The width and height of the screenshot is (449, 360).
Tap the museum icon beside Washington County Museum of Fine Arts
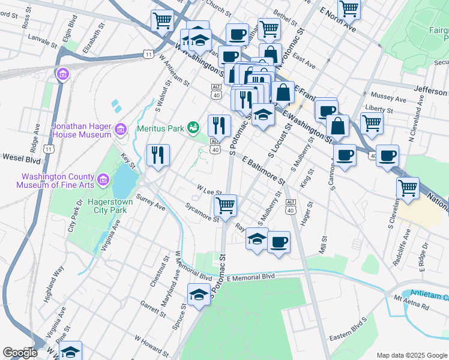coord(103,179)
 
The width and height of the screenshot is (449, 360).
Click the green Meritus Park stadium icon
coord(193,127)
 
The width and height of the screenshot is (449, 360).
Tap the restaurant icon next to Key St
coord(158,155)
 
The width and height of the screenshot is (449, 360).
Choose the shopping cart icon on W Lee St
coord(225,205)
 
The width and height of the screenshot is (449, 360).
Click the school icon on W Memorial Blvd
coord(199,294)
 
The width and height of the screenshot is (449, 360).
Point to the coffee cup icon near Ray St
coord(279,242)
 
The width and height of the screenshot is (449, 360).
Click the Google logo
coord(20,353)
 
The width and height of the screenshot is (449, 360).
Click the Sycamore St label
coord(202,213)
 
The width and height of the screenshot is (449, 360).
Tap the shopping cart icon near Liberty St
coord(372,123)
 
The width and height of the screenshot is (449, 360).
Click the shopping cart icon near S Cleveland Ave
coord(408,188)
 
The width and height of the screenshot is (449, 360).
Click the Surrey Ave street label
coord(151,202)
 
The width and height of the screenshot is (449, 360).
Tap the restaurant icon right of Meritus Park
coord(219,125)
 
